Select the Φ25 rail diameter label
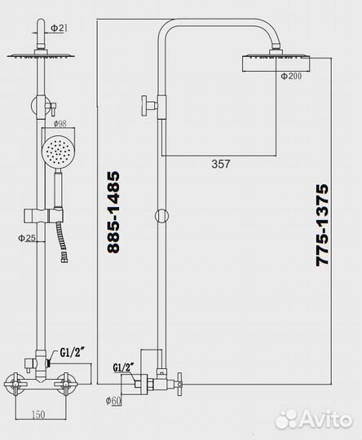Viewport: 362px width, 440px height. point(26,239)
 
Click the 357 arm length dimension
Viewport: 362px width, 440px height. point(220,164)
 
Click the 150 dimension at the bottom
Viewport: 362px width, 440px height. point(38,413)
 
